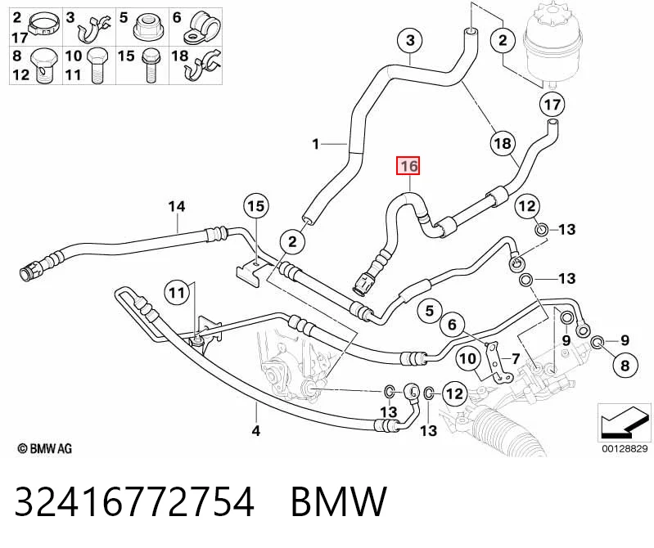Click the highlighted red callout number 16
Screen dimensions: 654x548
click(408, 166)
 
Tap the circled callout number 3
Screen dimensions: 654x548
click(410, 40)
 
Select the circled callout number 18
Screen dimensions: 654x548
click(503, 143)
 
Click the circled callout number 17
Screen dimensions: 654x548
click(552, 104)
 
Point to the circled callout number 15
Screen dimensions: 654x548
click(256, 206)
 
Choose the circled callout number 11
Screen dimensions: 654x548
click(177, 293)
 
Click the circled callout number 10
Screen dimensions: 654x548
click(467, 358)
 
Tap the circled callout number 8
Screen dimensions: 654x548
click(625, 366)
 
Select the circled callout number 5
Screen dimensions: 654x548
click(430, 311)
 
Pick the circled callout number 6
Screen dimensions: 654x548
click(453, 324)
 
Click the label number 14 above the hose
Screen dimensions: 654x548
click(177, 207)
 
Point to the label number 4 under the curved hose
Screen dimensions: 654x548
click(256, 430)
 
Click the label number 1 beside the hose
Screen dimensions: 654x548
click(316, 144)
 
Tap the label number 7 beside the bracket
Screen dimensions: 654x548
click(516, 358)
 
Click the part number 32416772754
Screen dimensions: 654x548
click(134, 501)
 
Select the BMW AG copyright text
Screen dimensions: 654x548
click(45, 449)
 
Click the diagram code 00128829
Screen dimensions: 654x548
click(625, 448)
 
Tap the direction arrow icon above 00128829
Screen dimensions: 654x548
click(625, 422)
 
